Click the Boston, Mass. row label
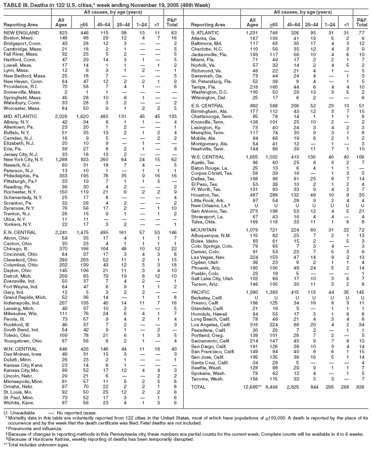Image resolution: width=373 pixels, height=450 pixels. pos(18,37)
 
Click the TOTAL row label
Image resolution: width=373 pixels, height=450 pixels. pos(200,387)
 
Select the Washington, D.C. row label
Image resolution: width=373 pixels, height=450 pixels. pos(212,79)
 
